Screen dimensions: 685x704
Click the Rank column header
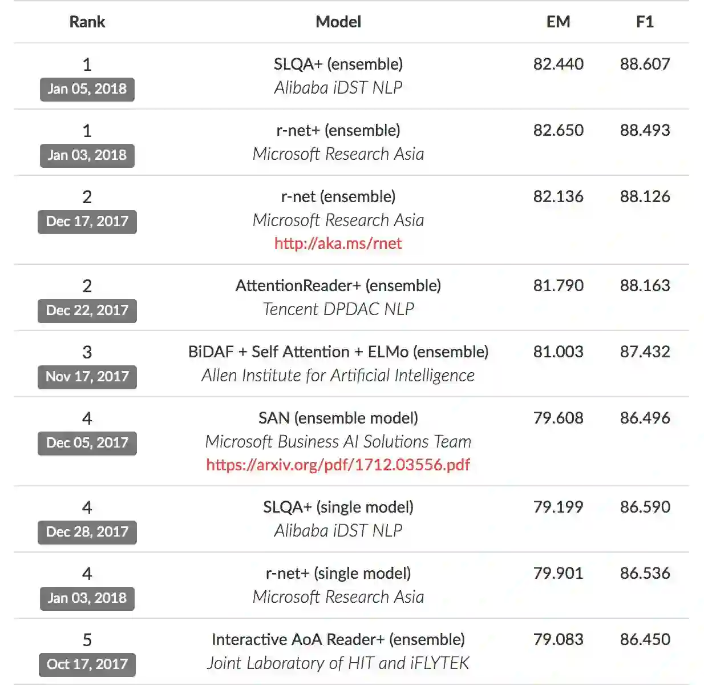pos(87,22)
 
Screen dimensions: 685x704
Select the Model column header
pos(338,22)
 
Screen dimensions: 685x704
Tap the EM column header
pos(558,22)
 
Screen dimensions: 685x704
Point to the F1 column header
pos(645,22)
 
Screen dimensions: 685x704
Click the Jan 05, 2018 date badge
pos(87,89)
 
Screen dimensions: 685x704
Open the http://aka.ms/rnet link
pos(338,243)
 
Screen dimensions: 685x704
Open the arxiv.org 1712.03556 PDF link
pos(338,465)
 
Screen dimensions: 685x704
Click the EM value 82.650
pos(558,130)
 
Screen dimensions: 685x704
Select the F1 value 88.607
pos(645,64)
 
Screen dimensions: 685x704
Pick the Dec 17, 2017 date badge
pos(87,221)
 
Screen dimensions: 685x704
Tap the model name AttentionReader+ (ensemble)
pos(338,285)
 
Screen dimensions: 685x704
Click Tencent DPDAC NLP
pos(338,309)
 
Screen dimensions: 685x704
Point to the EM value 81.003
pos(558,352)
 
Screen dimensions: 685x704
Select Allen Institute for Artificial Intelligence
pos(338,375)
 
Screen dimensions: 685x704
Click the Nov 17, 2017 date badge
pos(87,377)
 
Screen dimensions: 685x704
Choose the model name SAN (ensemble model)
pos(338,418)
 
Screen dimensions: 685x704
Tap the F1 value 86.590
pos(645,507)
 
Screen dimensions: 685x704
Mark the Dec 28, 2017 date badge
pos(87,532)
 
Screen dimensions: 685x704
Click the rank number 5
pos(87,640)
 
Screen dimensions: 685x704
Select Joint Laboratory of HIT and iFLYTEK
pos(338,663)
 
